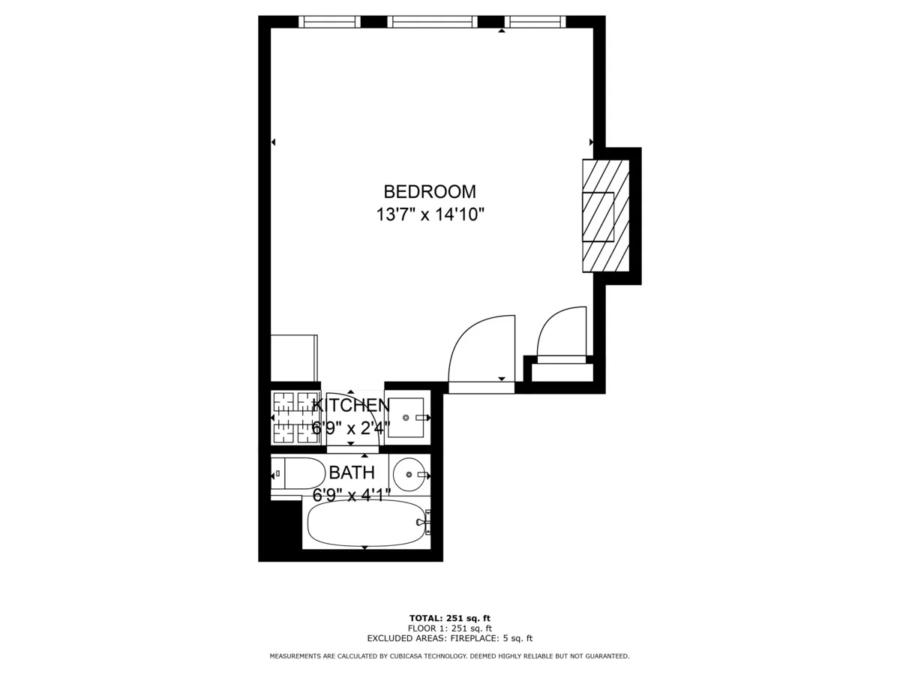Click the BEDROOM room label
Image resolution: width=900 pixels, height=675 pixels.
tap(430, 191)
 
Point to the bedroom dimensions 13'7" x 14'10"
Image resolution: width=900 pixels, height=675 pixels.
tap(430, 215)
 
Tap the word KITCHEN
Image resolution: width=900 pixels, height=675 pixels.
tap(351, 405)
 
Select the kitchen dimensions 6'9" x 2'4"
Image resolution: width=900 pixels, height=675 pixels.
tap(351, 428)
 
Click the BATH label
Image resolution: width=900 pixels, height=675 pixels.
tap(352, 472)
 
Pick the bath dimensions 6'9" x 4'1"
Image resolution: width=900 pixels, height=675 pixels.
tap(352, 495)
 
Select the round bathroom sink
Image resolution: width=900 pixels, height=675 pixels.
tap(409, 474)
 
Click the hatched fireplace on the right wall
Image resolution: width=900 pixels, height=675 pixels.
tap(605, 216)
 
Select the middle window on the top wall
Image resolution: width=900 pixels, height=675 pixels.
tap(432, 22)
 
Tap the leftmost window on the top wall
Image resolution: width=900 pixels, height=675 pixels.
tap(329, 22)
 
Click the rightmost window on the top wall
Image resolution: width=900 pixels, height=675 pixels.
tap(535, 22)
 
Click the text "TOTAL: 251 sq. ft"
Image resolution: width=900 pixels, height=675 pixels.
tap(449, 618)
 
